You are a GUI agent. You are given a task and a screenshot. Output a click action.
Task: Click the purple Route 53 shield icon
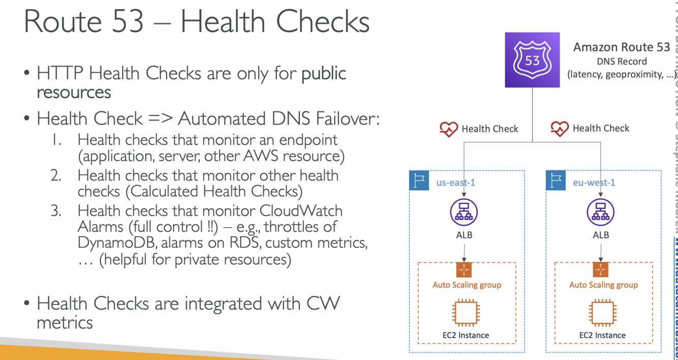tap(532, 60)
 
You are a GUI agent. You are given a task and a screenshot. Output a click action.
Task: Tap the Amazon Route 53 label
tap(622, 47)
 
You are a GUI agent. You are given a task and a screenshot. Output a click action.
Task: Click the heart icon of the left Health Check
tap(449, 129)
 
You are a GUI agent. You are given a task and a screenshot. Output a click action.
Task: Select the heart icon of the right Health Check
tap(560, 129)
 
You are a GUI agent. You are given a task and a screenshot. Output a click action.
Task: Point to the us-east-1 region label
tap(456, 182)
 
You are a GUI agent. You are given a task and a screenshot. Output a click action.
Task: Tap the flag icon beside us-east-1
tap(419, 181)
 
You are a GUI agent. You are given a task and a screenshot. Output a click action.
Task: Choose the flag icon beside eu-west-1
tap(556, 181)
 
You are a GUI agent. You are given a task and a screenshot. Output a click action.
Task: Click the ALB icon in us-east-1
tap(464, 212)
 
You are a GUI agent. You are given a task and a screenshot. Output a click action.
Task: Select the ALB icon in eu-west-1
tap(601, 212)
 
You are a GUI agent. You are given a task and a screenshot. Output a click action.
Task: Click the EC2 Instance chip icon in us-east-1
tap(466, 313)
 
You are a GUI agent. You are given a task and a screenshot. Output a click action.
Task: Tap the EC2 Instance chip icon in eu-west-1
tap(602, 313)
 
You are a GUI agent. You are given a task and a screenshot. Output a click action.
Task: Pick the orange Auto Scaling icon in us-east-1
tap(464, 269)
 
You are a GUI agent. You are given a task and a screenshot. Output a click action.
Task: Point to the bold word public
tap(324, 74)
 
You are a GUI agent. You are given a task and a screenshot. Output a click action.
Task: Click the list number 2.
tap(56, 175)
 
